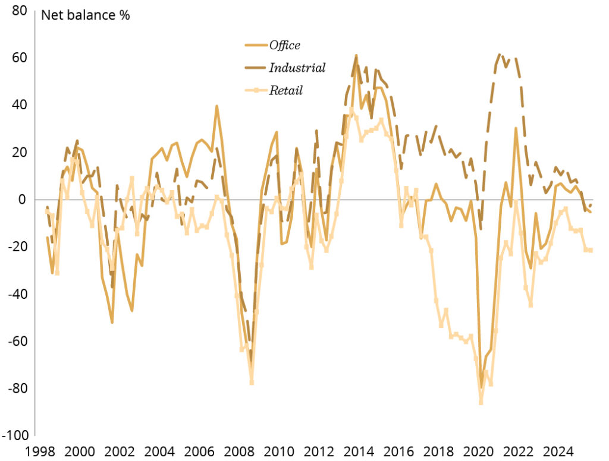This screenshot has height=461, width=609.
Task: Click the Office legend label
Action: [x=284, y=45]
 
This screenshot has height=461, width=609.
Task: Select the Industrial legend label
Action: [x=297, y=68]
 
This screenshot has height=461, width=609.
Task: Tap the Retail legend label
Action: [x=285, y=90]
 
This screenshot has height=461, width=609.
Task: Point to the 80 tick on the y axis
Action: [x=19, y=10]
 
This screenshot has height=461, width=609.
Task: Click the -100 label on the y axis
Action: [x=16, y=435]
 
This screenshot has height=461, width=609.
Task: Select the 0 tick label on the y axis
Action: [x=23, y=200]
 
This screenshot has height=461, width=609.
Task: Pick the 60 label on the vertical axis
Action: [x=19, y=58]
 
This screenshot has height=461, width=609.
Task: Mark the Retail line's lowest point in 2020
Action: [x=481, y=403]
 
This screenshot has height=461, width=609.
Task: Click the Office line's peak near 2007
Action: [x=216, y=106]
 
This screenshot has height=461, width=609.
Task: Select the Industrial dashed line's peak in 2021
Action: [x=500, y=55]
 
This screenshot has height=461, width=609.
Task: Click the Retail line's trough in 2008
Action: [x=252, y=383]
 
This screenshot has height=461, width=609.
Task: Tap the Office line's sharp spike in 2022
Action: [x=516, y=128]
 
